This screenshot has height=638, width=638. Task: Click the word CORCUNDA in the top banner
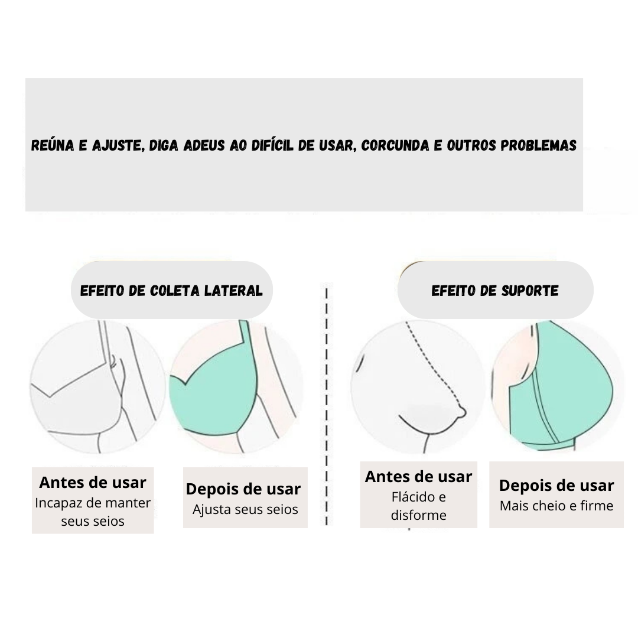[x=395, y=145]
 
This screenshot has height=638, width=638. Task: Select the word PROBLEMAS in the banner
[x=538, y=145]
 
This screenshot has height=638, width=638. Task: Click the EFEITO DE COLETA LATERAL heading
[x=171, y=291]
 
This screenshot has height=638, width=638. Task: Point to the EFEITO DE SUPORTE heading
[x=495, y=291]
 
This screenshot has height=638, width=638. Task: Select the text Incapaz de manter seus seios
[x=93, y=512]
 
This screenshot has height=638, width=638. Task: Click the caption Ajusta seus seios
[x=245, y=509]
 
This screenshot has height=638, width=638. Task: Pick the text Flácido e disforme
[x=419, y=506]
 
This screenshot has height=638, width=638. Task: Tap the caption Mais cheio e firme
[x=556, y=506]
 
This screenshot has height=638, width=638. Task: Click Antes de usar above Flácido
[x=419, y=477]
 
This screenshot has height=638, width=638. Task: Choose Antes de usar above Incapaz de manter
[x=93, y=483]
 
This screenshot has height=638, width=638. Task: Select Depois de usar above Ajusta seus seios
[x=243, y=489]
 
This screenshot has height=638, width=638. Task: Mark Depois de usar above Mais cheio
[x=556, y=486]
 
